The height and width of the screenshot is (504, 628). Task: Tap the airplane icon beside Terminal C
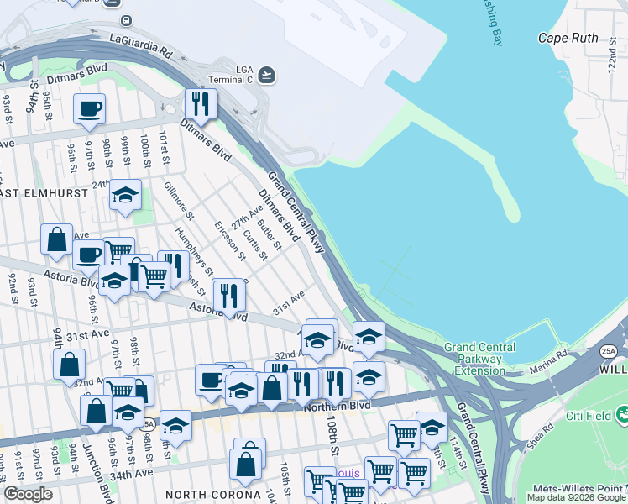[x=267, y=74]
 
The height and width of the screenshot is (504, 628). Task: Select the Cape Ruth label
[x=568, y=38]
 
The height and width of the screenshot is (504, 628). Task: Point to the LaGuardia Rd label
[x=140, y=46]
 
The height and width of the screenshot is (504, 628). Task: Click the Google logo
[x=28, y=493]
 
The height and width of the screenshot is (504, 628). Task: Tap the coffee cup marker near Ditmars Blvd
[x=89, y=108]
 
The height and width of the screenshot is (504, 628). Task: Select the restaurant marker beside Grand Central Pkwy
[x=201, y=104]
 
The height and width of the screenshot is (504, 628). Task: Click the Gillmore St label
[x=179, y=200]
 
